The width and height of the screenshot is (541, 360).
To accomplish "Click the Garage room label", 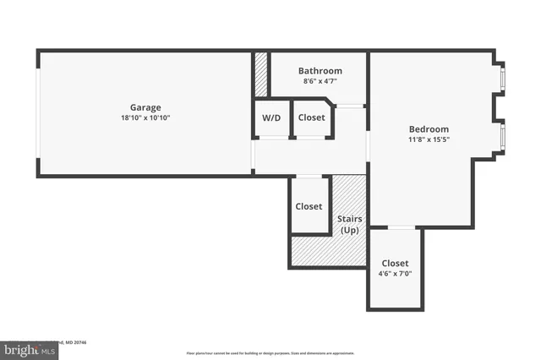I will click(145, 107).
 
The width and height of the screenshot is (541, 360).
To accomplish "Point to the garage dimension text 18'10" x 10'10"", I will click(145, 117).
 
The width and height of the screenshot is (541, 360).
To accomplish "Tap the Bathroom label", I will click(320, 71).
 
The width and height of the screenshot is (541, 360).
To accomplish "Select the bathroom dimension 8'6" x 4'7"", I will click(320, 82).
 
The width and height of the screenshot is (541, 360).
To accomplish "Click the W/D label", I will click(271, 117).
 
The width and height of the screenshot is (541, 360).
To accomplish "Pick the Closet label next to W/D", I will click(312, 117).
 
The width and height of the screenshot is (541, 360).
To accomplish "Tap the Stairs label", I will click(350, 219).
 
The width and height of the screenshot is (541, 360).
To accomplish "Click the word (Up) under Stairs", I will click(350, 230).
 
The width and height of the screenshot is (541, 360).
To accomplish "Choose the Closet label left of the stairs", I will click(309, 206).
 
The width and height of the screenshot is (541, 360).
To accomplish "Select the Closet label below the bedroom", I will click(395, 263).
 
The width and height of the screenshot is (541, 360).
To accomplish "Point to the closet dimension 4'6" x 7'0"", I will click(395, 274).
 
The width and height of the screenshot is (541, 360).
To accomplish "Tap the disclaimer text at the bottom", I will click(270, 352).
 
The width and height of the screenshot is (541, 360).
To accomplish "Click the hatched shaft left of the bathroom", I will click(261, 74).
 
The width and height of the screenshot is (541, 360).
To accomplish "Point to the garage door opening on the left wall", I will click(37, 113).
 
